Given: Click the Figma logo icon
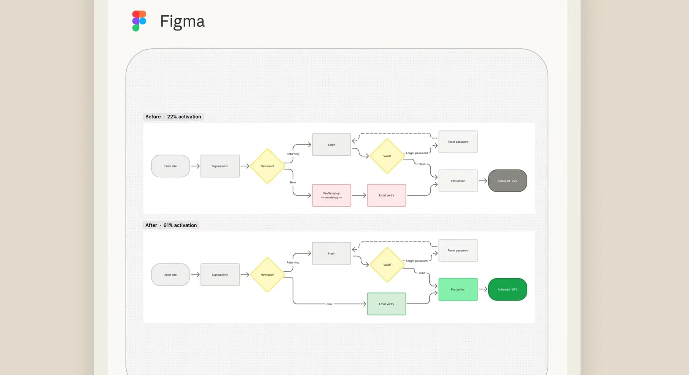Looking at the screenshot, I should tap(139, 21).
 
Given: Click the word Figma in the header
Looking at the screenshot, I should tap(182, 21).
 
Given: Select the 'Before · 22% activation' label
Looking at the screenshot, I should tap(173, 117).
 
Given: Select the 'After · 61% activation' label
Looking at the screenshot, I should tap(171, 225).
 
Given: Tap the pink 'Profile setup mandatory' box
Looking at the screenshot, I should tap(331, 195).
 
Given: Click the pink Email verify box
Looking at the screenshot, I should tap(386, 195).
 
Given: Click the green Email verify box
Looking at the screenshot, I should tap(386, 304).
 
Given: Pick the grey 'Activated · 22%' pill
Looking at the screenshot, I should tap(507, 181).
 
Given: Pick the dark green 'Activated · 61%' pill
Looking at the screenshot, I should tap(507, 289).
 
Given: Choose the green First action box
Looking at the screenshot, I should tap(458, 289).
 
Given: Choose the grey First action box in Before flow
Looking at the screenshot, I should tap(458, 181).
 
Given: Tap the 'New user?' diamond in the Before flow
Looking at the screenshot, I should tap(267, 166).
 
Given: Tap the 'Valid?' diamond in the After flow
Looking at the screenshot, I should tap(387, 265).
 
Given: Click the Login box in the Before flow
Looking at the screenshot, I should tap(331, 145).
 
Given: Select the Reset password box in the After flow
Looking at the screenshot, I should tap(458, 251).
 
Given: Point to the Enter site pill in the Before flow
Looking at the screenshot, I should tap(170, 166).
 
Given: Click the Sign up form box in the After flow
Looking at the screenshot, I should tap(220, 274).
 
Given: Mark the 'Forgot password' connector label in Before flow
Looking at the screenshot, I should tap(417, 153).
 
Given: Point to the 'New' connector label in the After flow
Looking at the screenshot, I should tap(329, 304).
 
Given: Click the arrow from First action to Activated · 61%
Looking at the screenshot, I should tap(483, 289).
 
